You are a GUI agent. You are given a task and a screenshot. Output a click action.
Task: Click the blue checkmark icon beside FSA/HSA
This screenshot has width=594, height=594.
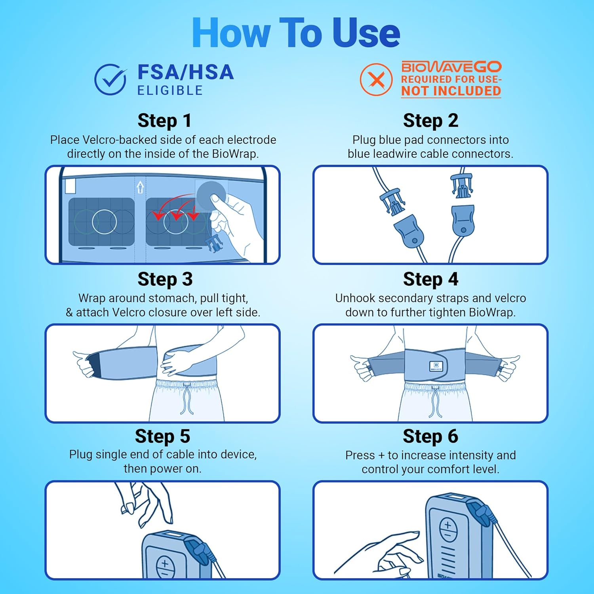click(x=110, y=80)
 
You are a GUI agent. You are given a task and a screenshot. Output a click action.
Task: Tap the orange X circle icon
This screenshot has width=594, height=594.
click(x=376, y=80)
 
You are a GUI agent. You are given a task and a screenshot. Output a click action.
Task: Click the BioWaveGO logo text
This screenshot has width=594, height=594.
click(x=451, y=67)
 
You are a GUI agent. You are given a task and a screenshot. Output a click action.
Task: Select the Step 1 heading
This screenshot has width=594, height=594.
click(x=164, y=121)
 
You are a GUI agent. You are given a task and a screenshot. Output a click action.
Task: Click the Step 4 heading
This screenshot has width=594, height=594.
click(x=430, y=279)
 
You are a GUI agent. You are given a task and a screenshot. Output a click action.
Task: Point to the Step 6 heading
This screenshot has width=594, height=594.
click(x=430, y=436)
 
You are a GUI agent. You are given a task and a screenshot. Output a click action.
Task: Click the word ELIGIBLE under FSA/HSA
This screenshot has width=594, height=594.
click(x=170, y=91)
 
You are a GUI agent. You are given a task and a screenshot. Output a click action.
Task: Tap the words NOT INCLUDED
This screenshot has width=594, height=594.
click(x=451, y=91)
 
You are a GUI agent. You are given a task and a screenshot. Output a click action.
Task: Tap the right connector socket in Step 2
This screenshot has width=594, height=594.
click(x=463, y=220)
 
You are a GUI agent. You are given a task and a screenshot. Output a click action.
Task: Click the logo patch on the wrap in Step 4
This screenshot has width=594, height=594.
click(x=436, y=366)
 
